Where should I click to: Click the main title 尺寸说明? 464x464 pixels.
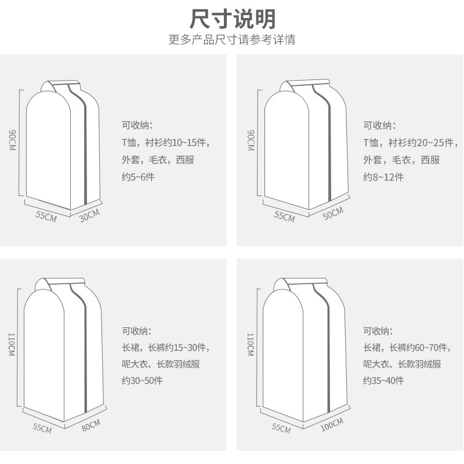(x=233, y=19)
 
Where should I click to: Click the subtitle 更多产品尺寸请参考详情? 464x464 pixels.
(x=233, y=41)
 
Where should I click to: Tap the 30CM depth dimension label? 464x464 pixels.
(x=90, y=215)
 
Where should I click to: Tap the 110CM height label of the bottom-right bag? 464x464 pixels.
(x=251, y=347)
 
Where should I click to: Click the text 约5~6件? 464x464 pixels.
(x=138, y=177)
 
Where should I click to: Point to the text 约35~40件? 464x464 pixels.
(x=384, y=381)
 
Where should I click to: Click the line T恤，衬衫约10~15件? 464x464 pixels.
(x=166, y=143)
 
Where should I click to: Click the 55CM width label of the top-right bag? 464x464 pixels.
(x=284, y=216)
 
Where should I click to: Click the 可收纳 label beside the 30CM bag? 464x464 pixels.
(x=136, y=125)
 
